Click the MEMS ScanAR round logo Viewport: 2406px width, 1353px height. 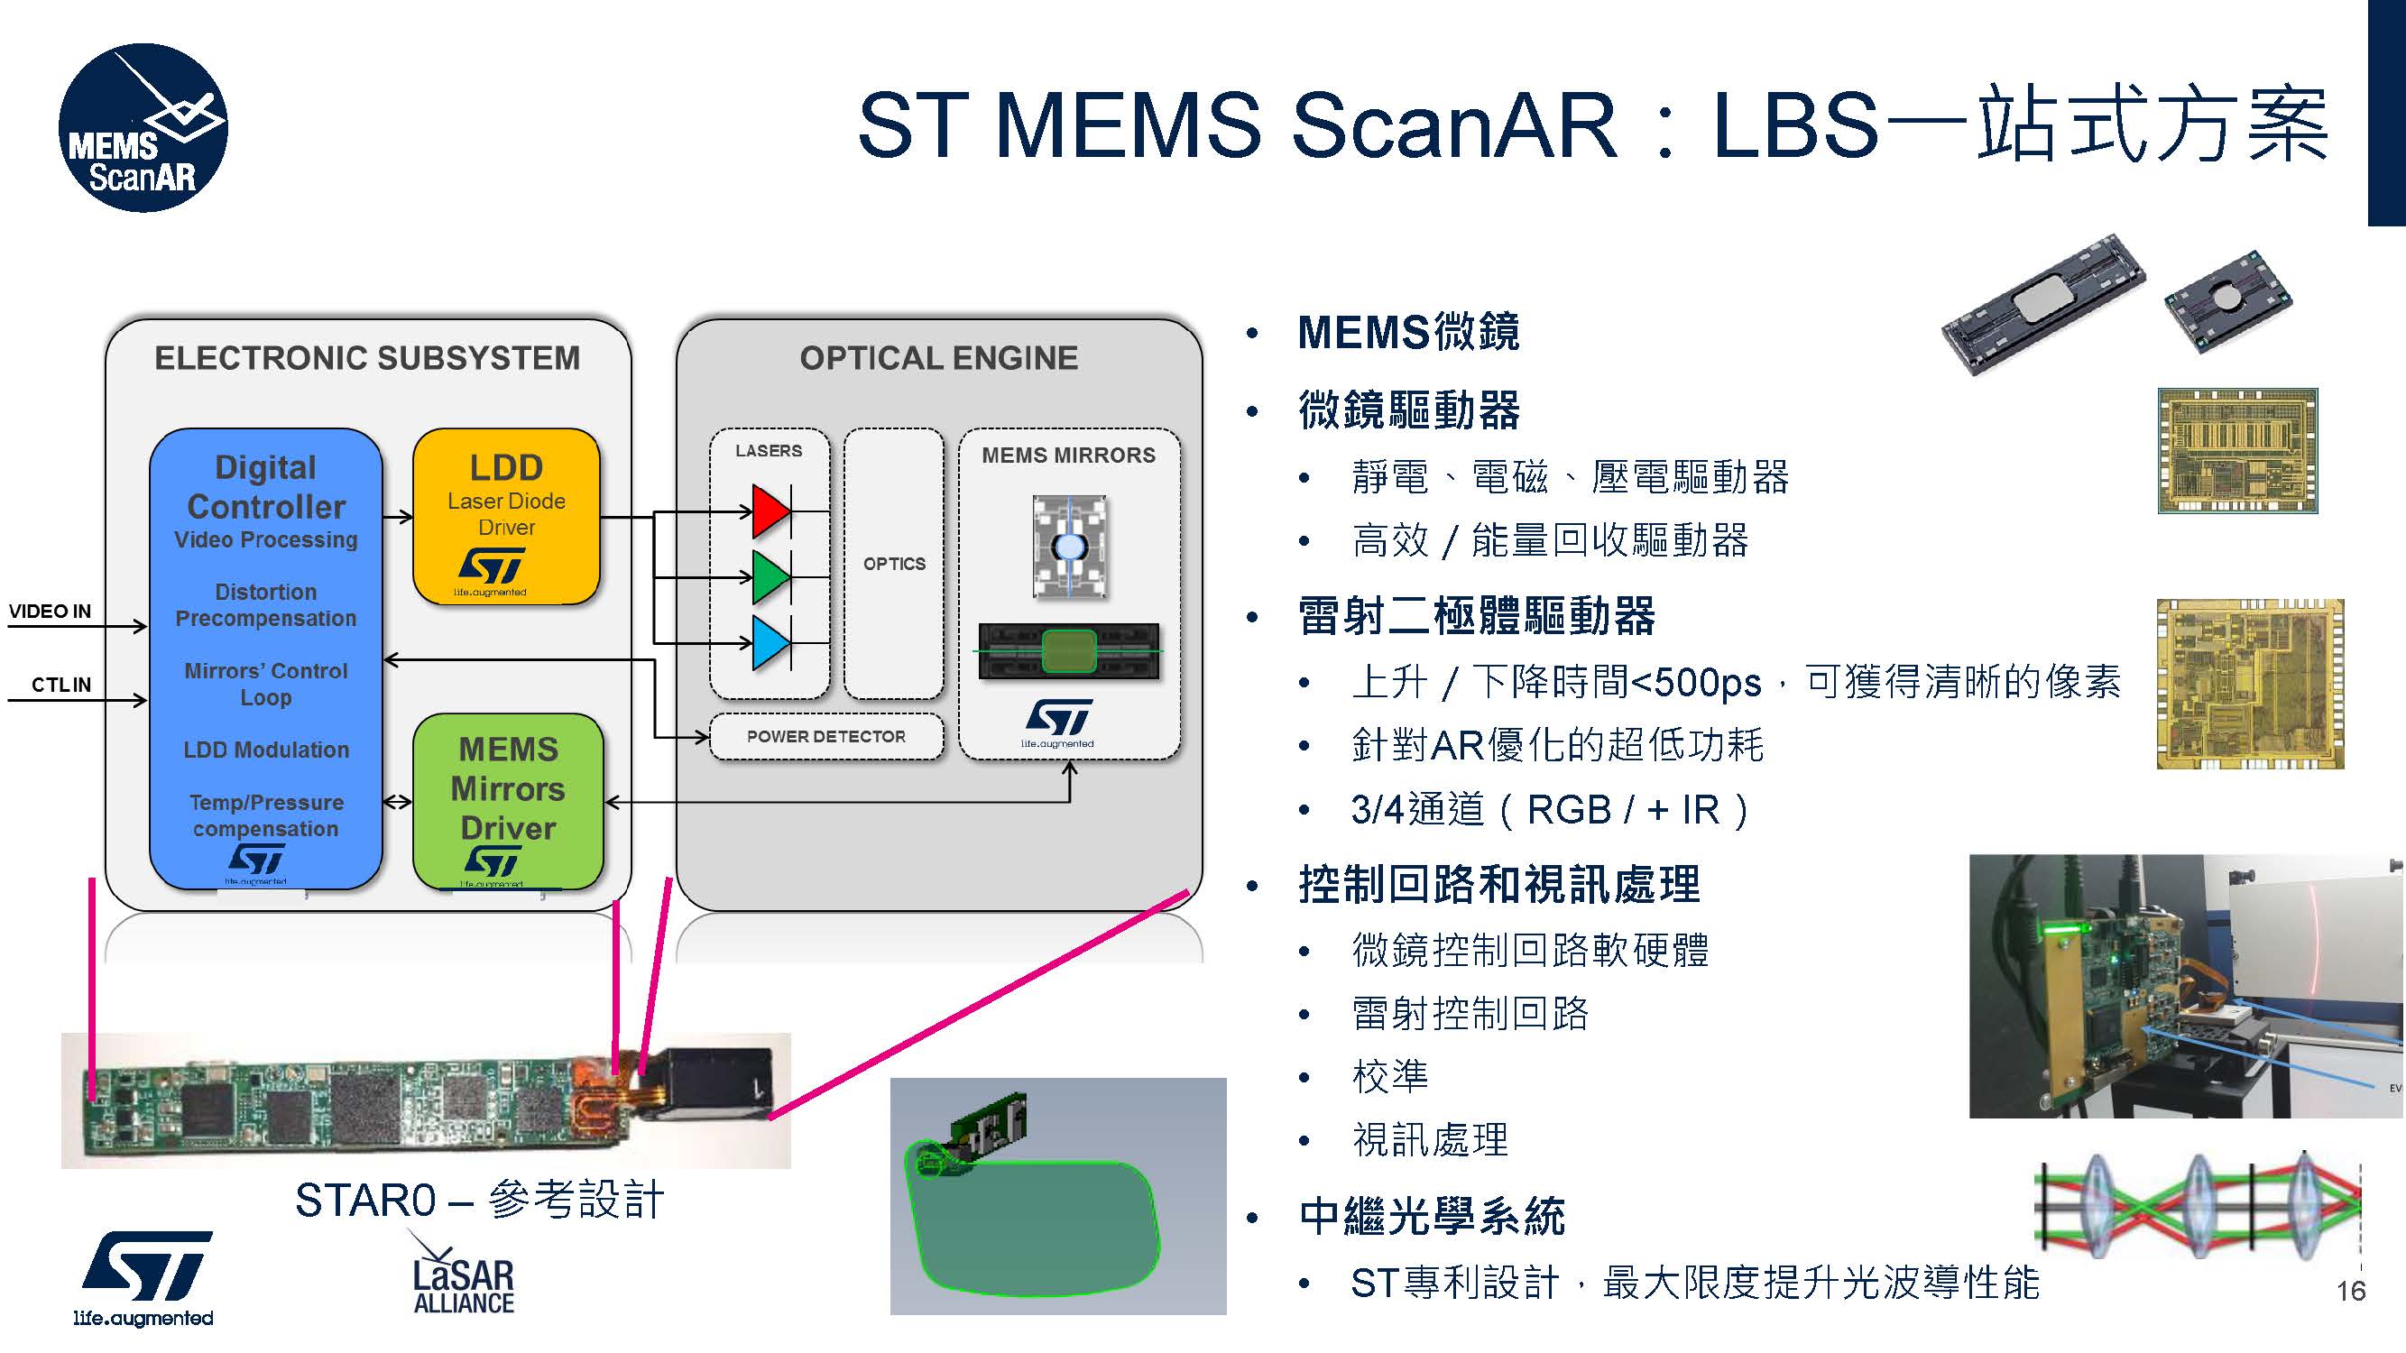click(142, 128)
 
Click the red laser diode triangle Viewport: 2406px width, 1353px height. click(769, 511)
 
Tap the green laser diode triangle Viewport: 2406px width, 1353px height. click(769, 576)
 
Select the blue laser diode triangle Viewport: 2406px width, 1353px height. click(769, 642)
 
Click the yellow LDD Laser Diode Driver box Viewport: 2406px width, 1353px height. click(506, 515)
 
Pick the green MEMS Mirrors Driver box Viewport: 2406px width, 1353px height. click(508, 800)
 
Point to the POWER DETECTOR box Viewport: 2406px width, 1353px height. click(825, 737)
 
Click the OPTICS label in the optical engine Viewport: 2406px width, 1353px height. click(894, 564)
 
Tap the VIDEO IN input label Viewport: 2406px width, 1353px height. click(50, 612)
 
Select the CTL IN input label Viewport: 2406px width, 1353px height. click(60, 686)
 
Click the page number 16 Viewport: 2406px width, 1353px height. click(2350, 1292)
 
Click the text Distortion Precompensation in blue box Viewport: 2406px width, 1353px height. click(266, 605)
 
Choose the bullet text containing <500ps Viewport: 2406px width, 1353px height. click(1736, 683)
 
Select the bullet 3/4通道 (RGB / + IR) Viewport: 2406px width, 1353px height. click(1549, 810)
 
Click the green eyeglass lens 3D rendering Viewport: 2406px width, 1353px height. click(1037, 1223)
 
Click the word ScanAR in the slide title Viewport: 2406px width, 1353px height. click(1453, 126)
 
